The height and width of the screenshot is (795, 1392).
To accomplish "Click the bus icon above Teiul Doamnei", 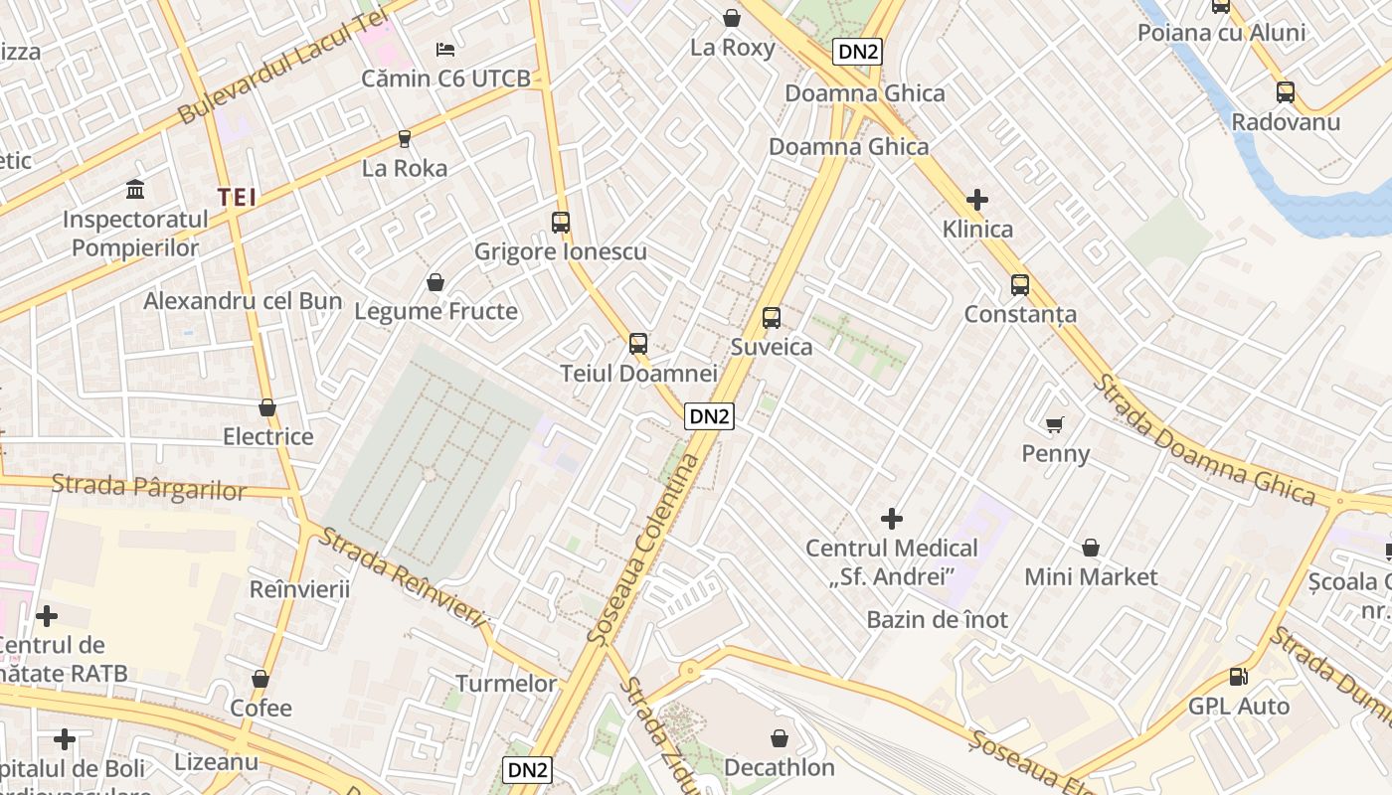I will pos(638,344).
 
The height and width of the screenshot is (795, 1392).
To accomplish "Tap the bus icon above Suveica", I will pos(772,318).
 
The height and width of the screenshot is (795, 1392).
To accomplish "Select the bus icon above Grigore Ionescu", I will pos(561,223).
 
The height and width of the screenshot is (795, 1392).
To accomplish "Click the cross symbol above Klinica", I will pos(977,200).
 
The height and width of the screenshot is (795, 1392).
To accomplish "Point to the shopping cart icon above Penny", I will pos(1055,425).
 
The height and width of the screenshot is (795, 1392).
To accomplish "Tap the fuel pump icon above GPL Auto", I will pos(1239,677).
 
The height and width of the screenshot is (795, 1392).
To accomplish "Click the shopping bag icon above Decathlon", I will pos(780,738).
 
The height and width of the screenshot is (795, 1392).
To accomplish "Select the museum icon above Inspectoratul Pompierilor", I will pos(135,189).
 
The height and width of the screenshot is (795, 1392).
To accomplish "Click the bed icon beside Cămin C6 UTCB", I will pos(445,49).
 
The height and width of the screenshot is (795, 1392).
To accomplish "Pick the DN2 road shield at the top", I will pos(857,52).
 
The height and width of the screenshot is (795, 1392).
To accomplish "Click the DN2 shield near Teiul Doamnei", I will pos(709,416).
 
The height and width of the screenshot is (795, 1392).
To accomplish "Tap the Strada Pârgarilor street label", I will pos(148,487).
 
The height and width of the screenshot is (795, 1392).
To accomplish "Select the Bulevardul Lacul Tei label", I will pos(282,63).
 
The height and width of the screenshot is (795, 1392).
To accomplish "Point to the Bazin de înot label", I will pos(937,620).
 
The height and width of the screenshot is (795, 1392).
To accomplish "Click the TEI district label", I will pos(238,198).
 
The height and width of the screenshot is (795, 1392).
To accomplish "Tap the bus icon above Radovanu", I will pos(1286,92).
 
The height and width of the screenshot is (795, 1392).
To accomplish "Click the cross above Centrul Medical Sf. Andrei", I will pos(892,518).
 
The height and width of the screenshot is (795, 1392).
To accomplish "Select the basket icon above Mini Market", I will pos(1091,548).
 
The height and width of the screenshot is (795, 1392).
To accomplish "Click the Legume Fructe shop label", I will pos(436,311).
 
